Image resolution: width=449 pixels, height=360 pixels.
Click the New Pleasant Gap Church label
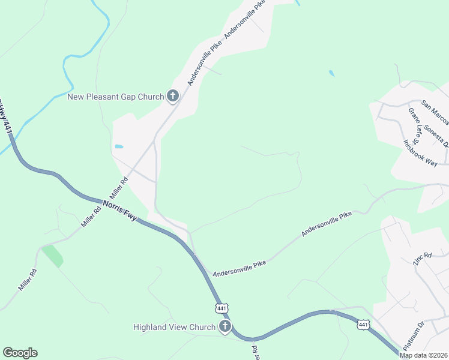point(115,97)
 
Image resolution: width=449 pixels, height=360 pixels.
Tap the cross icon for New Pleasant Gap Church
point(173,96)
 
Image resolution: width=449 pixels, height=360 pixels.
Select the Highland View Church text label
point(174,327)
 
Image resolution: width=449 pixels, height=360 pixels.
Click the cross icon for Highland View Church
point(225,327)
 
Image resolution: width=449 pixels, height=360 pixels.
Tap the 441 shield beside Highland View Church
point(221,308)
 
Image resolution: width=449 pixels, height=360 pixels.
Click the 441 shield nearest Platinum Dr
point(363,325)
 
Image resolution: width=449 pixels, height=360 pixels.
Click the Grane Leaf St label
point(415,123)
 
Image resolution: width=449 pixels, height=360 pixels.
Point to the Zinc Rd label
point(423,259)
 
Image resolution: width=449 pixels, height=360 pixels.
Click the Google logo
point(20,353)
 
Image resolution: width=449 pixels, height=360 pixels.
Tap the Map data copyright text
point(424,355)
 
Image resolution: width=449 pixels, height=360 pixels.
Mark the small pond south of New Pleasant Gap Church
point(119,146)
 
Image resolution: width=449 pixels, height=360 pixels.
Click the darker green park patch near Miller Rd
point(53,256)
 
